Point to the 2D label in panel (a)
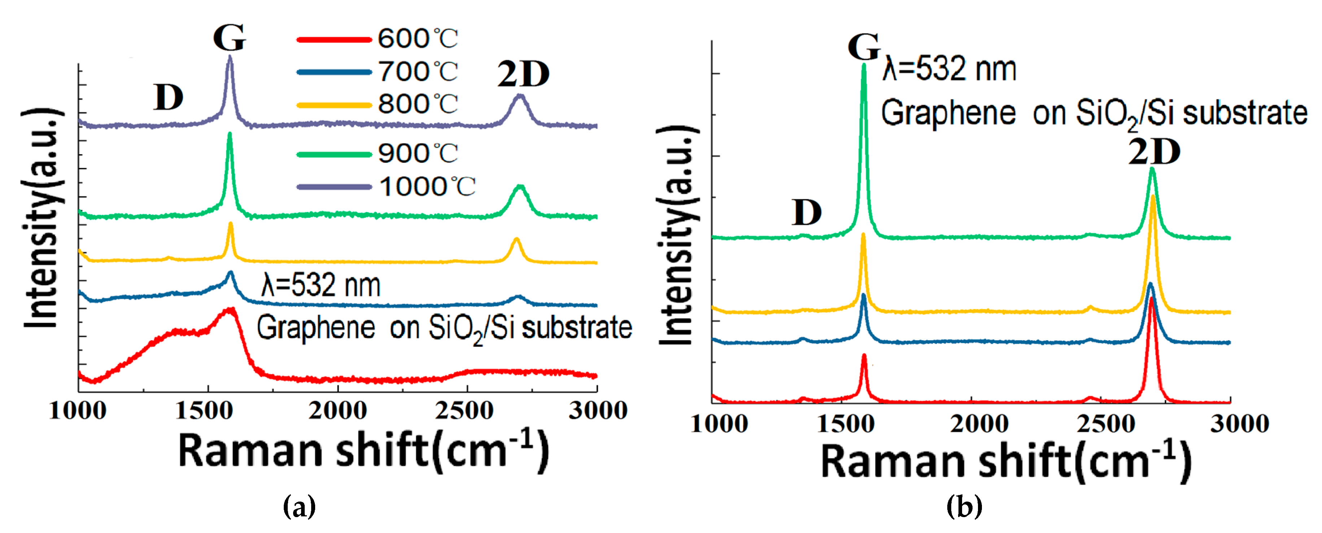coord(523,75)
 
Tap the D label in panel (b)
coord(807,213)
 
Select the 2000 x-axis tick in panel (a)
coord(338,411)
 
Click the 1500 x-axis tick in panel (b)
coord(845,425)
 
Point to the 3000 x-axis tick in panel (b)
coord(1239,425)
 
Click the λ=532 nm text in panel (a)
coord(321,286)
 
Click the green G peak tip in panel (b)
coord(864,65)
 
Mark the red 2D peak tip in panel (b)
coord(1151,299)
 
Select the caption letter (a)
coord(299,507)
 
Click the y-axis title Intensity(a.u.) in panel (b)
coord(677,236)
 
